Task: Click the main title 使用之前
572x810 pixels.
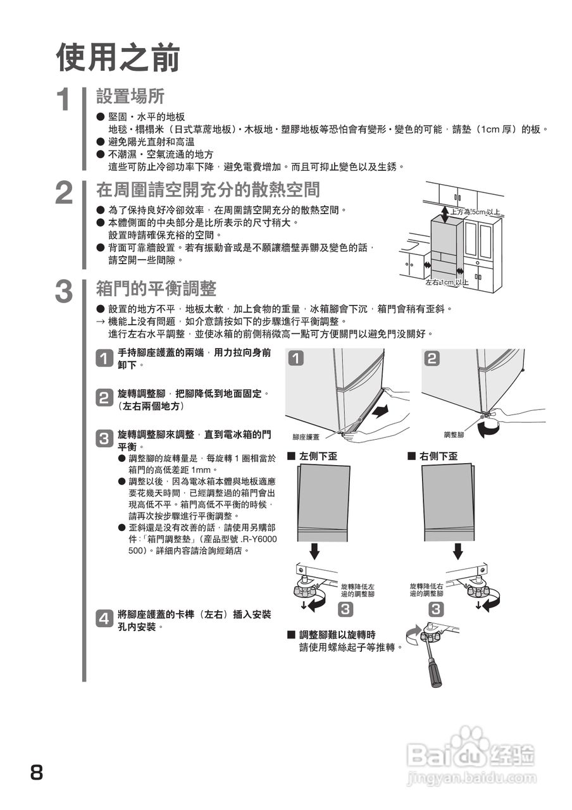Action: pyautogui.click(x=118, y=58)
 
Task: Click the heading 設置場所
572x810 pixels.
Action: pyautogui.click(x=130, y=96)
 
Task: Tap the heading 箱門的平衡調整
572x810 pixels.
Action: pyautogui.click(x=156, y=289)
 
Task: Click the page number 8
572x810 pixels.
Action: pyautogui.click(x=37, y=773)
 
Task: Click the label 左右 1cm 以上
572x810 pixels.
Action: pyautogui.click(x=447, y=282)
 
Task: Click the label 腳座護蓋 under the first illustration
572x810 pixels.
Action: pyautogui.click(x=306, y=437)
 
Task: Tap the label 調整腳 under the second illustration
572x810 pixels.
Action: pyautogui.click(x=454, y=435)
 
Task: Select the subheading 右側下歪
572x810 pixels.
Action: pyautogui.click(x=438, y=456)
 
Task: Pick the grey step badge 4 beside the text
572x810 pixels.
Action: pyautogui.click(x=104, y=619)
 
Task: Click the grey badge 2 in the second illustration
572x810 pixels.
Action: pyautogui.click(x=432, y=359)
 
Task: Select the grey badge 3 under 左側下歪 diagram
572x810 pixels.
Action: pyautogui.click(x=346, y=609)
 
